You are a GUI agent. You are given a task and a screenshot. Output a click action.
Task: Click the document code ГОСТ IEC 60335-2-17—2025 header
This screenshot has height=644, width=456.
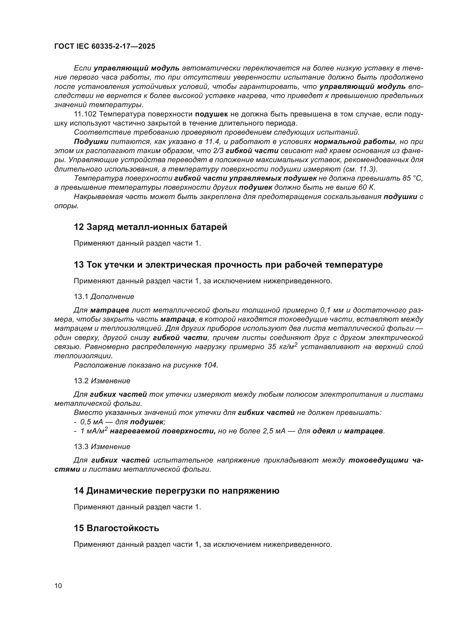click(x=104, y=46)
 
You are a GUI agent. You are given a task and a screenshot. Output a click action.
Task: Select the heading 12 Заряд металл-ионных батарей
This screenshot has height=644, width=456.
click(x=150, y=227)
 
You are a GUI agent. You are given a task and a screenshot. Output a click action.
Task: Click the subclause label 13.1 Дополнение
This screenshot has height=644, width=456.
click(x=104, y=297)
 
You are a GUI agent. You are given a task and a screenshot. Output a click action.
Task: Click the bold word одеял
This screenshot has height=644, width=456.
click(x=324, y=431)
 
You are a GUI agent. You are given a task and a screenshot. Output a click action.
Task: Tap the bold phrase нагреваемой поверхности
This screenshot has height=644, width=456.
click(x=163, y=431)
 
